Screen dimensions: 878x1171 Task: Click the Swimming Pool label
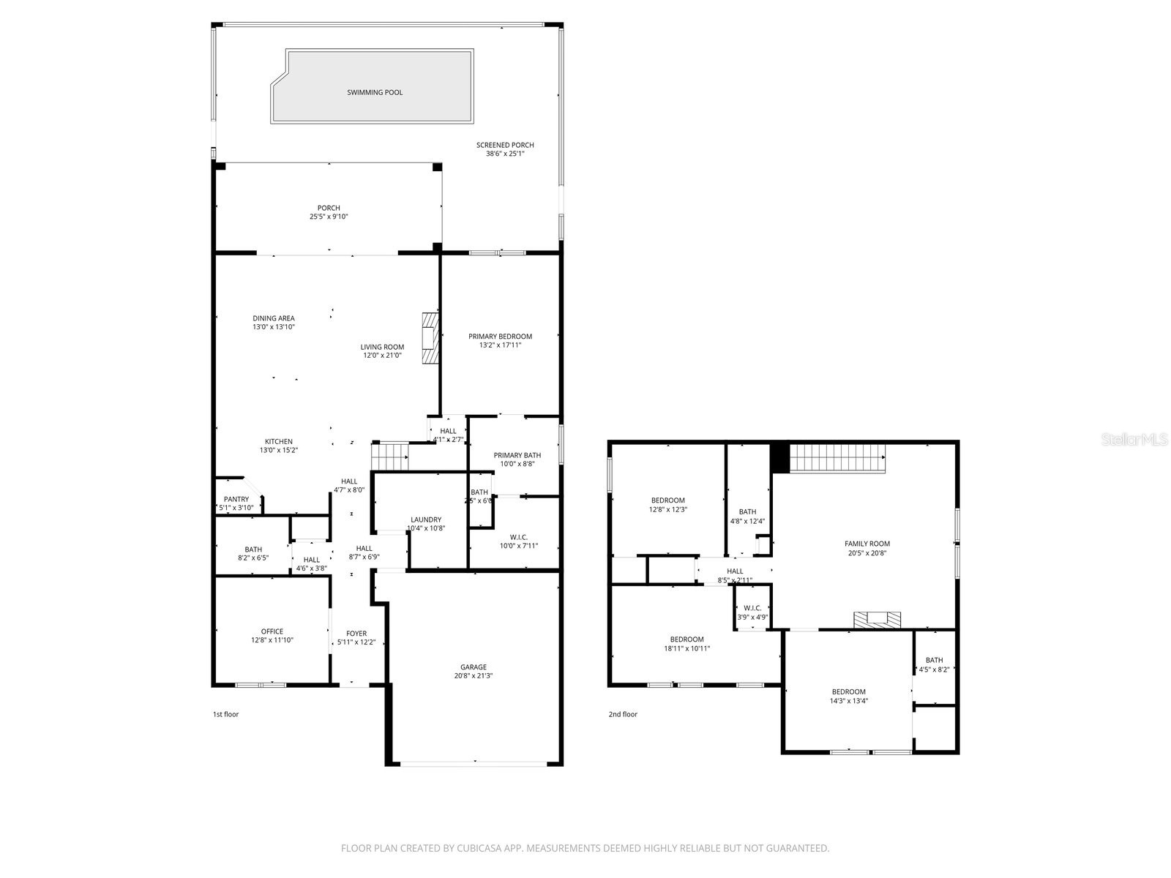click(375, 93)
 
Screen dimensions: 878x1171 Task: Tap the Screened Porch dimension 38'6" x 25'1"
click(505, 154)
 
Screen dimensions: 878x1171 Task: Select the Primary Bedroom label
click(500, 337)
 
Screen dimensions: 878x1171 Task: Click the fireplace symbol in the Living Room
click(430, 337)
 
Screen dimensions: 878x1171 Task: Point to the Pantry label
click(236, 499)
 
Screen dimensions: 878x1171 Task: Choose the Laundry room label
click(426, 519)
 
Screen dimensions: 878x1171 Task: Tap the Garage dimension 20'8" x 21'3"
click(474, 676)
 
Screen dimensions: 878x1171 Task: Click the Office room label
click(272, 631)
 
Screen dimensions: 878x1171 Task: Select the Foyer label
click(356, 634)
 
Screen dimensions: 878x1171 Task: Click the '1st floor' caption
click(225, 714)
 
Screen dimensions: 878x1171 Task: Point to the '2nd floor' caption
click(623, 714)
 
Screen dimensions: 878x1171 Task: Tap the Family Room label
click(867, 544)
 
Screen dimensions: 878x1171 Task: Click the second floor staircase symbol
click(838, 459)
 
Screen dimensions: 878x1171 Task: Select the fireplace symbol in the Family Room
click(878, 620)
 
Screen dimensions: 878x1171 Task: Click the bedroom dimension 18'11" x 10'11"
click(686, 648)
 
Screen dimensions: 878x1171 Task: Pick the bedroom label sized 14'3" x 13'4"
click(848, 691)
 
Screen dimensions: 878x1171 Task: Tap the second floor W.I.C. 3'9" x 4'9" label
click(752, 608)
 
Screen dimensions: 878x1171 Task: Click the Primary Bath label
click(517, 455)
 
